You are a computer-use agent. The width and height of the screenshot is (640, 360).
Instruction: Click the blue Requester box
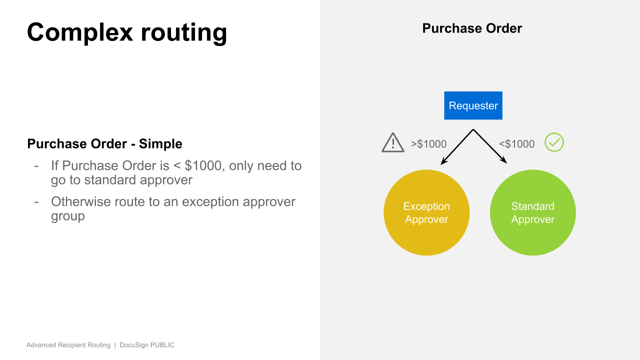coord(473,105)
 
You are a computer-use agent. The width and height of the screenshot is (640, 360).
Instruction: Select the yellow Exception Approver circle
coord(426,212)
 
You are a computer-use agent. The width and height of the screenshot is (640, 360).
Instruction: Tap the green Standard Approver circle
coord(532,212)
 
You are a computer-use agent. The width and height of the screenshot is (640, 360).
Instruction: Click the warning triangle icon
coord(393,143)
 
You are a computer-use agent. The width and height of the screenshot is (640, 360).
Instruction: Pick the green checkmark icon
coord(554,142)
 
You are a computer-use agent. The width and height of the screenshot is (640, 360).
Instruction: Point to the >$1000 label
coord(428,144)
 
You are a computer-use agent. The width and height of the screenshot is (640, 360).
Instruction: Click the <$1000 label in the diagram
coord(516,144)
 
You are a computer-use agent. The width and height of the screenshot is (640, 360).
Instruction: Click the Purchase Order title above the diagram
coord(472,28)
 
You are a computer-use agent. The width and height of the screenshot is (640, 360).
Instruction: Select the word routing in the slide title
coord(183,32)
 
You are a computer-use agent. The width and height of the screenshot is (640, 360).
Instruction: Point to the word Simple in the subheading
coord(160,144)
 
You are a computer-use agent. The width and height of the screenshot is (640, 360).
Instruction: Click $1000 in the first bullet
coord(203,165)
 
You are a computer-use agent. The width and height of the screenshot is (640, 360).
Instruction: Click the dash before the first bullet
coord(36,165)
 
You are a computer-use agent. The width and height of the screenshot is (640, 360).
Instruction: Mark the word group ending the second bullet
coord(67,216)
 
